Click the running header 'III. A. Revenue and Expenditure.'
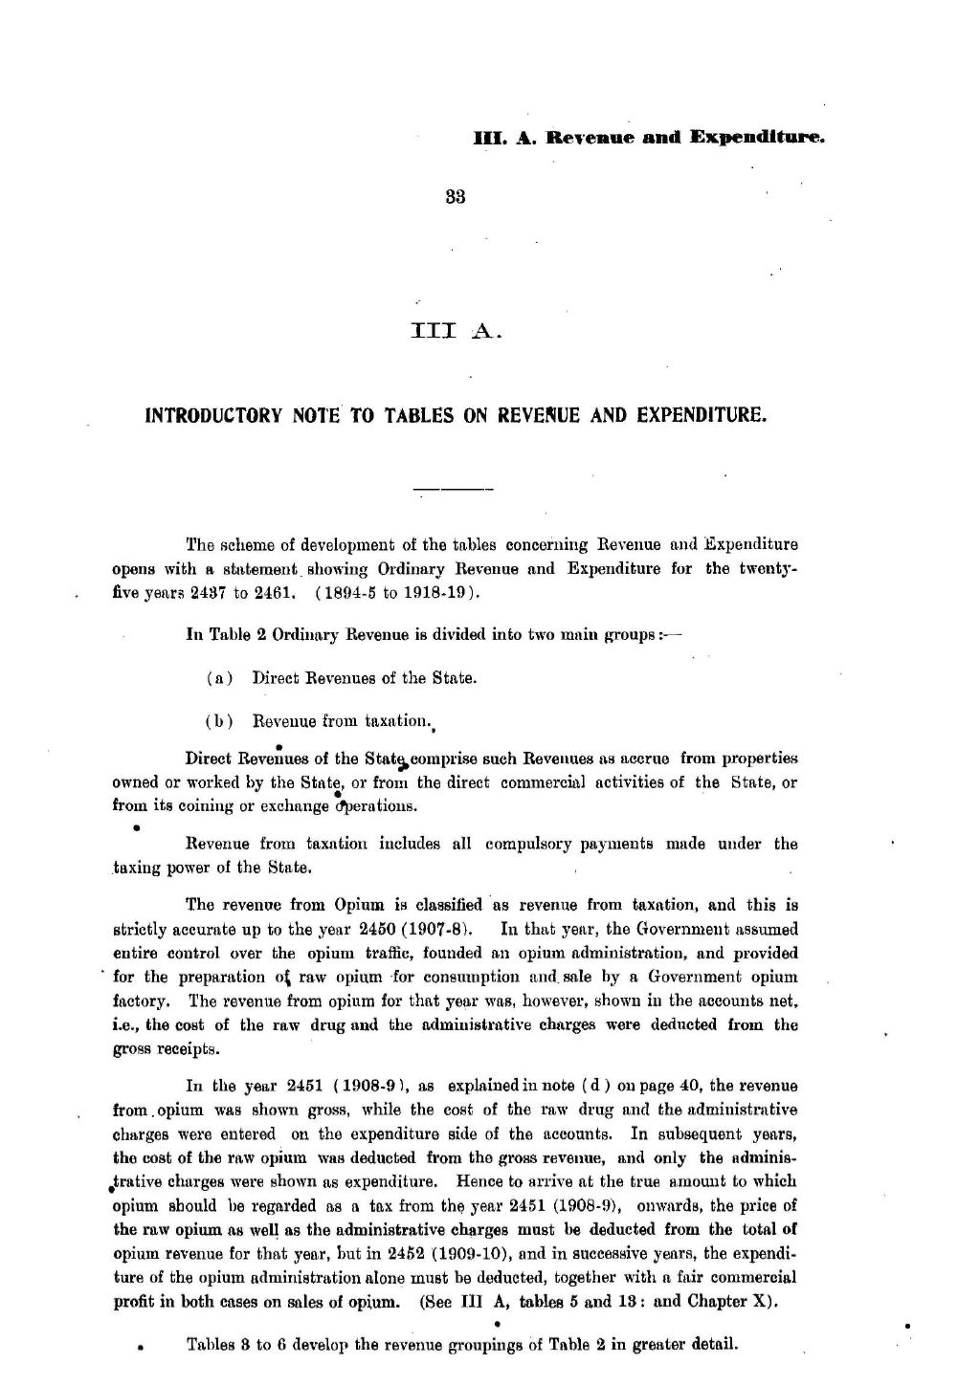649,138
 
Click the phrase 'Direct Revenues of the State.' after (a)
364,678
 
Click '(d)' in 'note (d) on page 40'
591,1087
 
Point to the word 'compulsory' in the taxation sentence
524,844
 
